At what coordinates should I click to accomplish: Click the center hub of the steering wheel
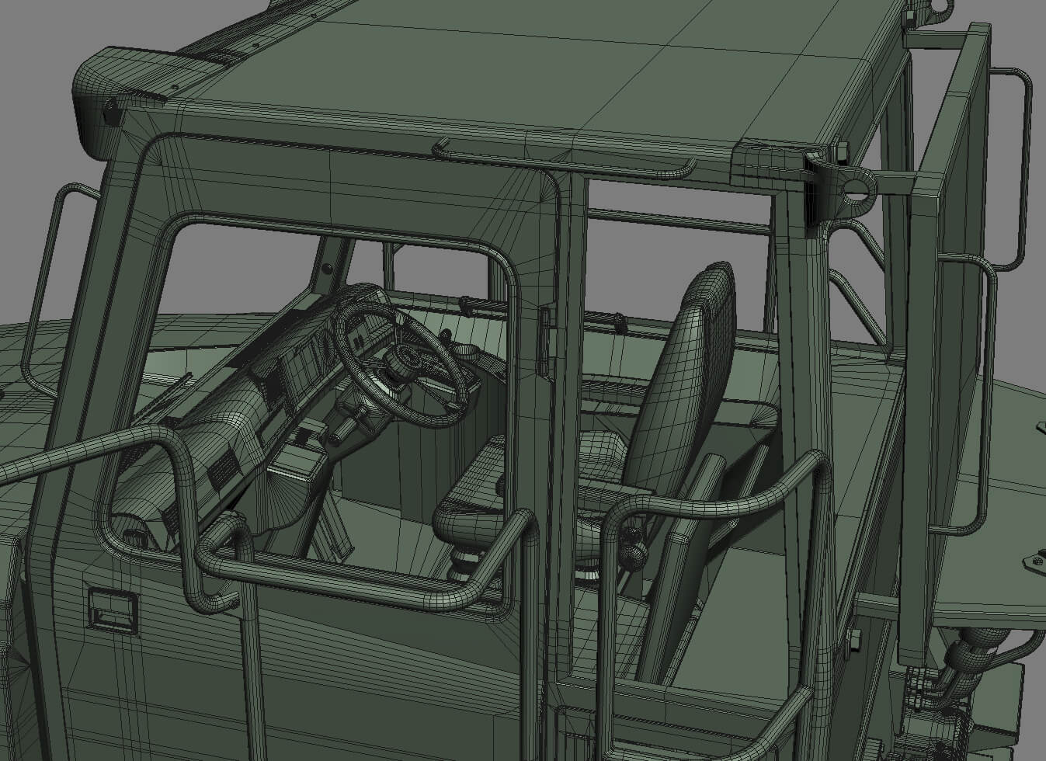(405, 359)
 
